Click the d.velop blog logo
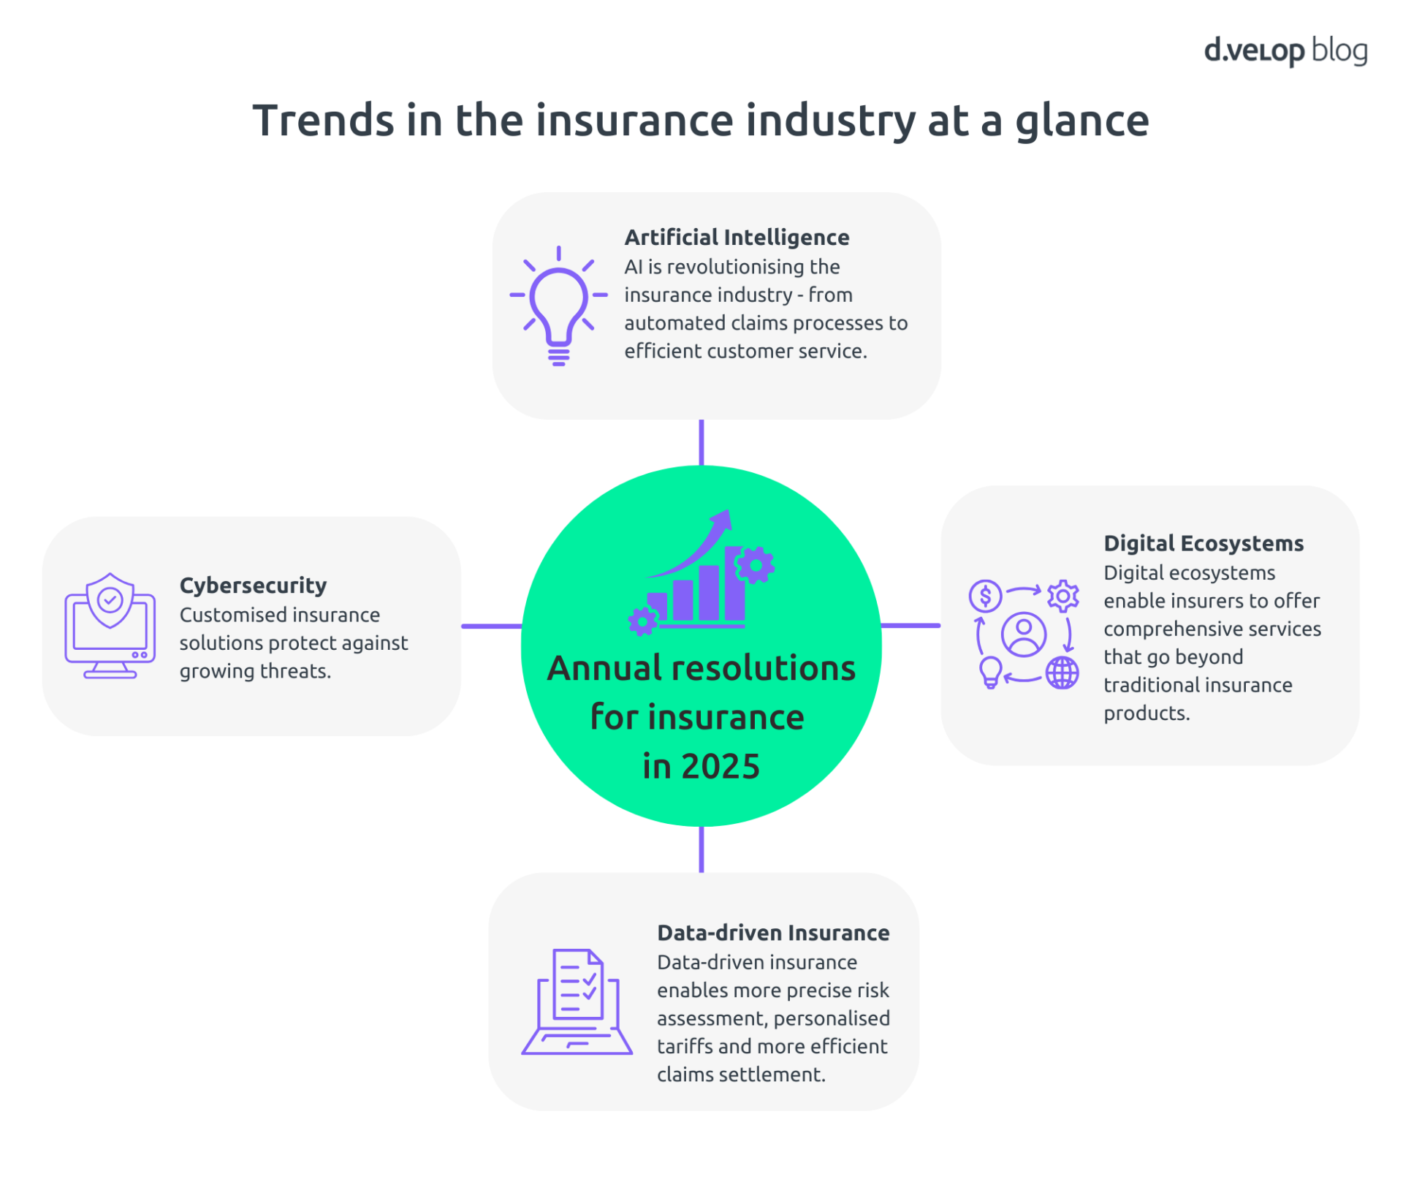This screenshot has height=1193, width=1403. [1285, 50]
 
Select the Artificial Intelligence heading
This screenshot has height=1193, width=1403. [737, 237]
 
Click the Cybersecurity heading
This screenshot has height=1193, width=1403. [253, 585]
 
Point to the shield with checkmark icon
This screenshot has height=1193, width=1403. [110, 600]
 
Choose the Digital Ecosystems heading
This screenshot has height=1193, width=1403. [1203, 543]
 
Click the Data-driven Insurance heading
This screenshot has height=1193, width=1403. [772, 933]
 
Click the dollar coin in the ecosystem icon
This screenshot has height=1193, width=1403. [985, 596]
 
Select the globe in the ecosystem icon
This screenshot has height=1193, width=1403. [1062, 673]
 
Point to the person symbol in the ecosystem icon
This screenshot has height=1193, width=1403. [1023, 634]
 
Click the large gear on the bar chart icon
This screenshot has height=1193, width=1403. [755, 565]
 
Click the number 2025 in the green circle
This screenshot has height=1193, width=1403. [720, 766]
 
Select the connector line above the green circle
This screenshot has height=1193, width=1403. [701, 442]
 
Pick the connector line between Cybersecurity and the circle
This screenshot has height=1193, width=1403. [491, 626]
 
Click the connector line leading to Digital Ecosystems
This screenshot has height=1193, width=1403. [910, 626]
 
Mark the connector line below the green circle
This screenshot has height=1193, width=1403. [701, 849]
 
